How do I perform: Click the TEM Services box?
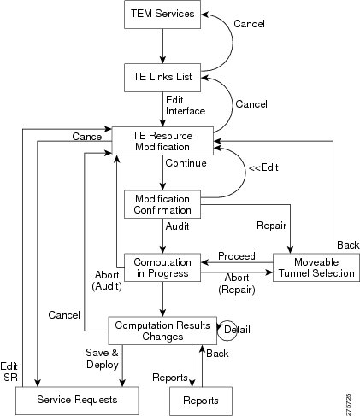[x=162, y=15]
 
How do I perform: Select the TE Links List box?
[x=162, y=78]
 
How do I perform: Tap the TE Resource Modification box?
[x=162, y=141]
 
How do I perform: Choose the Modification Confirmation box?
[x=162, y=204]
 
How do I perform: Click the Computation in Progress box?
[x=162, y=267]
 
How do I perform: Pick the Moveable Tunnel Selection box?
[x=316, y=267]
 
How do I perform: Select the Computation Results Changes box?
[x=162, y=331]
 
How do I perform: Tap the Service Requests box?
[x=77, y=401]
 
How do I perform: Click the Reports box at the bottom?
[x=201, y=401]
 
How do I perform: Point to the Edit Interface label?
[x=186, y=105]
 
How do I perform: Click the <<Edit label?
[x=263, y=167]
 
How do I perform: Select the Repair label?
[x=271, y=226]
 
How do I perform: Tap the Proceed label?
[x=237, y=256]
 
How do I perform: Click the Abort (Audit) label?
[x=107, y=281]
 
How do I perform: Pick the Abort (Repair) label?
[x=237, y=284]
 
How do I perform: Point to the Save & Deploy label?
[x=102, y=359]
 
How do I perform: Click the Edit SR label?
[x=9, y=372]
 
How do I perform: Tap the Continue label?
[x=186, y=163]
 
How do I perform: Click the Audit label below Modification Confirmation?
[x=177, y=226]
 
